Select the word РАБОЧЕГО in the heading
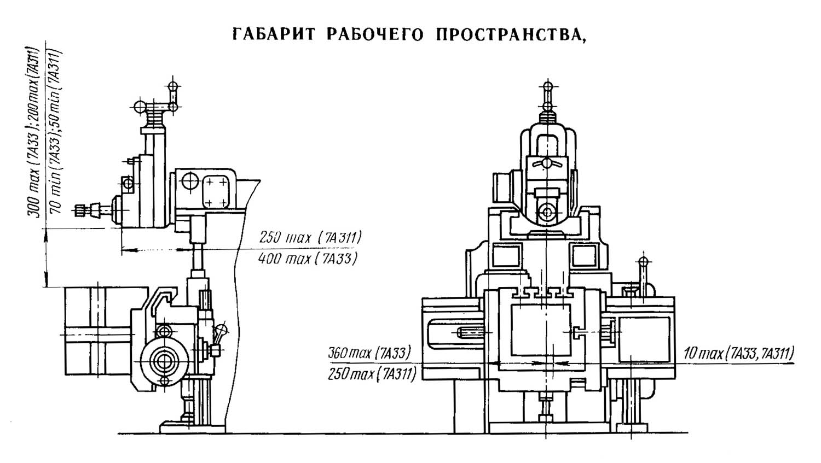coord(375,34)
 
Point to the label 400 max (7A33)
coord(308,258)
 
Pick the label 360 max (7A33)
coord(369,353)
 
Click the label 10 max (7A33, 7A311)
coord(739,354)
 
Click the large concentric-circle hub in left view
coord(162,361)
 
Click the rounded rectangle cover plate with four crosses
coord(217,191)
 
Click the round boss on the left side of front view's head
coord(501,189)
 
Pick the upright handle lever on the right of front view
coord(644,273)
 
